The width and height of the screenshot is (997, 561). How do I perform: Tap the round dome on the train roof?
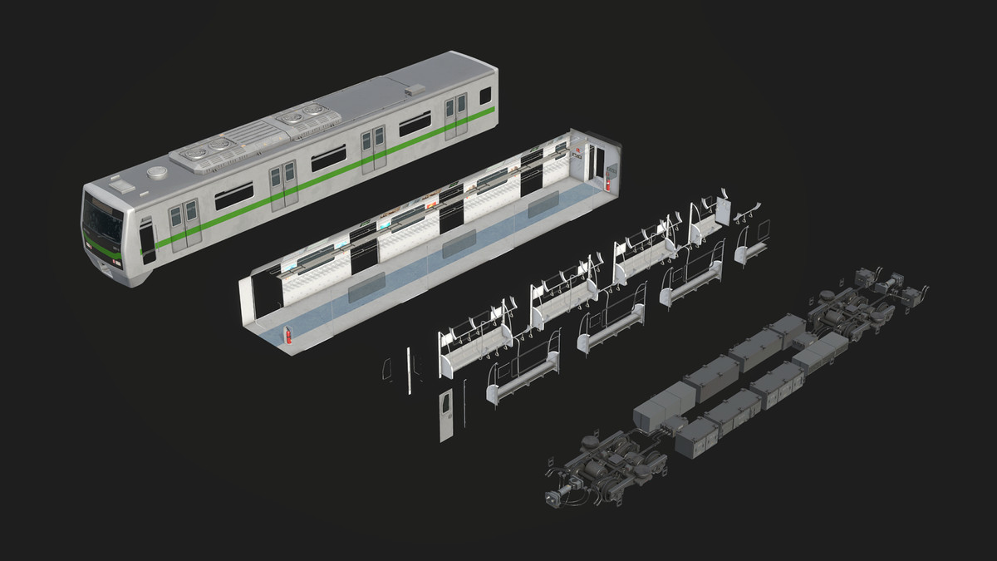tap(158, 173)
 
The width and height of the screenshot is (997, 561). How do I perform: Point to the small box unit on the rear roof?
tap(413, 87)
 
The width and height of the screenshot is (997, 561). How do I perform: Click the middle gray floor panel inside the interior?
tap(459, 244)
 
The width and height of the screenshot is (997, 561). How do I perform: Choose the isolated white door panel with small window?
tap(446, 413)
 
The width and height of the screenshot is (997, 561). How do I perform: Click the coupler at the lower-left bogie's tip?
tap(552, 499)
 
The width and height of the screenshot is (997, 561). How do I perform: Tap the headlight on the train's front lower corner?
tap(111, 264)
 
